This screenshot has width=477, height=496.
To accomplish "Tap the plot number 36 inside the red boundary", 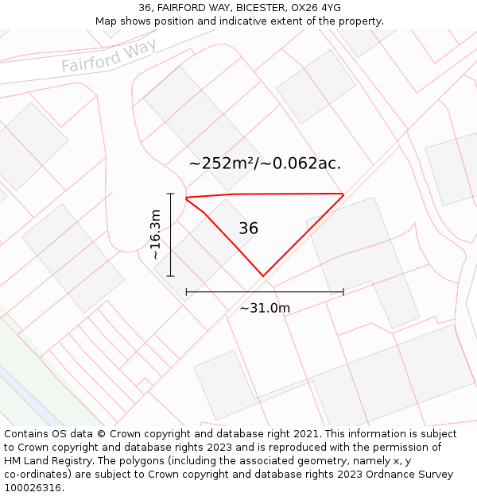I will tap(248, 229).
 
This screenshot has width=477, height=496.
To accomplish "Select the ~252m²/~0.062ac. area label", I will tap(265, 163).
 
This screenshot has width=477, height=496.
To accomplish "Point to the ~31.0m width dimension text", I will tap(265, 308).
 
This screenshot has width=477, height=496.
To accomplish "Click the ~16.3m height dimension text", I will tap(155, 234).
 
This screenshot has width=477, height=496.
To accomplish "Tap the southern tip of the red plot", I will tap(262, 276).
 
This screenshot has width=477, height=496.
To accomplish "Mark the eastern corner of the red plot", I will tap(343, 194).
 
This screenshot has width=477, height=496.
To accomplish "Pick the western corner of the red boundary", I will tap(186, 198).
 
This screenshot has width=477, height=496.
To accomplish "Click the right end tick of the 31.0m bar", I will tap(343, 292).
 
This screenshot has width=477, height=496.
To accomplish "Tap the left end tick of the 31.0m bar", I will tap(186, 292).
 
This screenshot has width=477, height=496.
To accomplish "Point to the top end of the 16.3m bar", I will tap(170, 193).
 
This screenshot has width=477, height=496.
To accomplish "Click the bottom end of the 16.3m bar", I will tap(170, 276).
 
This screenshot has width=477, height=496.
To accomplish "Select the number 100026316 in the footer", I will tap(33, 488).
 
